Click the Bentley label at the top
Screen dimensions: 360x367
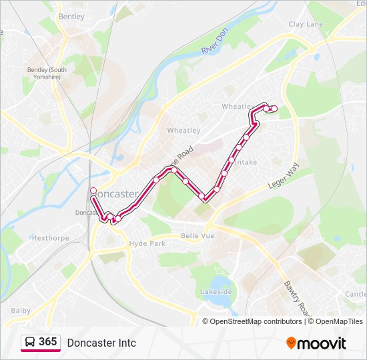(x=71, y=16)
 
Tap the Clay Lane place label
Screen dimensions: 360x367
(x=306, y=24)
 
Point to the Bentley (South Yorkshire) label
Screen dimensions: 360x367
(x=47, y=73)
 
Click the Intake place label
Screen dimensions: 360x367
(x=246, y=162)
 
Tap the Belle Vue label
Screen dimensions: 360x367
(x=196, y=236)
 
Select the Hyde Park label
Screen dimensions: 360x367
(x=147, y=244)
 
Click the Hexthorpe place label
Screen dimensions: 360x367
(x=50, y=237)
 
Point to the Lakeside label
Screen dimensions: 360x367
(x=216, y=292)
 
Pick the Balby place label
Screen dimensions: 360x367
(x=21, y=311)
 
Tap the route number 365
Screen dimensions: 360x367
(x=48, y=342)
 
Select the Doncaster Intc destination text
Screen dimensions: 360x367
(x=101, y=343)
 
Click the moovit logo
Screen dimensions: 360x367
(x=316, y=343)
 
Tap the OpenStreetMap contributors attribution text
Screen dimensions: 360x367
(x=256, y=321)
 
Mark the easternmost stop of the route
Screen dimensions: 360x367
(x=274, y=109)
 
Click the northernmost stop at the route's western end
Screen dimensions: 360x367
(x=93, y=189)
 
